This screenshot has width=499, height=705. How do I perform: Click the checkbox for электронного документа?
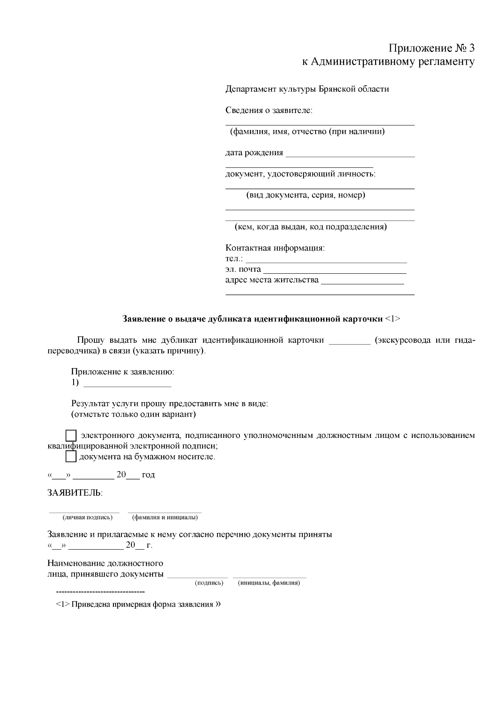coord(72,436)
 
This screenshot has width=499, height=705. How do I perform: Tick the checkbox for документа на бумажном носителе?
coord(72,457)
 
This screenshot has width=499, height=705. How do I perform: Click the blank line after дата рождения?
coord(350,156)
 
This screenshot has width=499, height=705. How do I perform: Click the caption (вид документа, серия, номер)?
coord(306,195)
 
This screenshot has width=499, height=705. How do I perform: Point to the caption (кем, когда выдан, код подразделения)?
coord(311,227)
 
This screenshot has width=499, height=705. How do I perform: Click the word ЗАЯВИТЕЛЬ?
coord(75,493)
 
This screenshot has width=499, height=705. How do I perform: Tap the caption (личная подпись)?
coord(87,517)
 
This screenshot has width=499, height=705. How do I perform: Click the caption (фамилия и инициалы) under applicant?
coord(165,517)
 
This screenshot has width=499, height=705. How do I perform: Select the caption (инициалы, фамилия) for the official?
coord(269,583)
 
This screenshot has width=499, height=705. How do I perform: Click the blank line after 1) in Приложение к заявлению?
coord(127,386)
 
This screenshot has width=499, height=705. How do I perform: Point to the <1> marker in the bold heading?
coord(393,319)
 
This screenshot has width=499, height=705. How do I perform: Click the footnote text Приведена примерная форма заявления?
coord(142,604)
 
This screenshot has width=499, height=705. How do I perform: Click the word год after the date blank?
coord(148,475)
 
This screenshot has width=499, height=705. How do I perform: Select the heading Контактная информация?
coord(275,248)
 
